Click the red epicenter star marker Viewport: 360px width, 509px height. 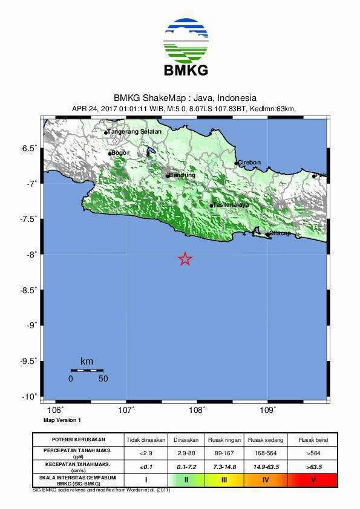pos(186,259)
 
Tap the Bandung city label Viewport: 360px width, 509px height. pos(182,175)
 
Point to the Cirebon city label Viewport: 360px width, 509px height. pos(249,163)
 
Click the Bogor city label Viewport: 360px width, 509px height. pos(120,153)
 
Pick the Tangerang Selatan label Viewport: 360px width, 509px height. pos(134,132)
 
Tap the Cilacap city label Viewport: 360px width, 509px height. pos(280,233)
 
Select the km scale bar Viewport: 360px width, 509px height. pos(87,370)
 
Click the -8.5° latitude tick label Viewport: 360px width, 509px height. pos(28,290)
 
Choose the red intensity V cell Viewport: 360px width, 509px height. pos(312,480)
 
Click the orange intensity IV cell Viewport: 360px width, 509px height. pos(265,480)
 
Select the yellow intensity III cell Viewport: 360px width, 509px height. pos(224,480)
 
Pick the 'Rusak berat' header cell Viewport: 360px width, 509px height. pos(312,439)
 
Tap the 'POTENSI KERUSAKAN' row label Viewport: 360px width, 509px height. pos(78,439)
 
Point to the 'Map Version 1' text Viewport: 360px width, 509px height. pos(62,420)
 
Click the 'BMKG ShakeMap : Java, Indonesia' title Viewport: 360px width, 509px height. pos(185,98)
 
